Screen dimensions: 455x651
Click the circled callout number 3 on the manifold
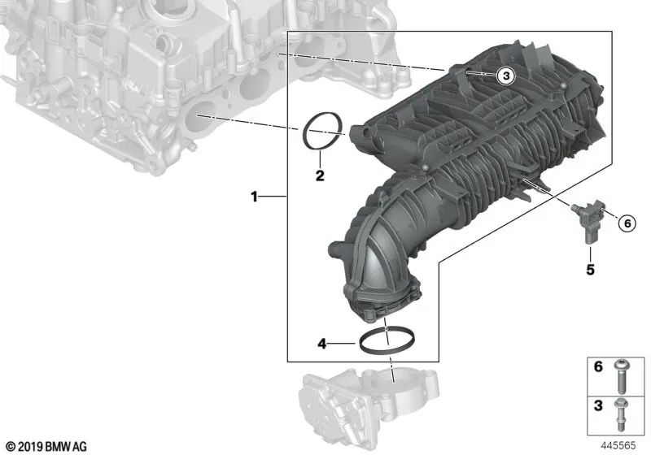pyautogui.click(x=505, y=76)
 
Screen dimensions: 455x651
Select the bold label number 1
pyautogui.click(x=255, y=197)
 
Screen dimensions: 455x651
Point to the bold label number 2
pyautogui.click(x=320, y=175)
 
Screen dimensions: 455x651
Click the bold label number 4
pyautogui.click(x=321, y=344)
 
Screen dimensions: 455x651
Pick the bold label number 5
pyautogui.click(x=590, y=268)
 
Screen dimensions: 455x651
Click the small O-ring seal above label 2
pyautogui.click(x=320, y=132)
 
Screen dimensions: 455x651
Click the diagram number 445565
pyautogui.click(x=618, y=446)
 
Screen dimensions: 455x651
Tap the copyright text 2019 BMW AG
pyautogui.click(x=46, y=446)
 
